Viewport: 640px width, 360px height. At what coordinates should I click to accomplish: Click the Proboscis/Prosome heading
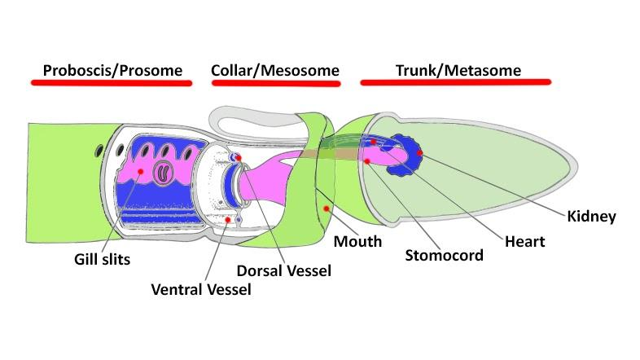click(x=112, y=70)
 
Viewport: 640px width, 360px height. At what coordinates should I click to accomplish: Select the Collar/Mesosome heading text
click(x=274, y=70)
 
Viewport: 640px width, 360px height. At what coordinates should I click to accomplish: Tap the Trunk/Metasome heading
click(x=458, y=70)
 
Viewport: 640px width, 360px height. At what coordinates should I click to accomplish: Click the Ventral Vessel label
click(x=201, y=289)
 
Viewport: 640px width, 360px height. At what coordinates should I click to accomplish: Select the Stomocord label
click(x=444, y=256)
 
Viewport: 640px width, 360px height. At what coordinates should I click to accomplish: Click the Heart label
click(x=524, y=241)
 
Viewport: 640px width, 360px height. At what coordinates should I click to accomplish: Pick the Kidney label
click(x=591, y=217)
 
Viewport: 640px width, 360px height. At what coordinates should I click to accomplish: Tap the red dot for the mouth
click(x=326, y=209)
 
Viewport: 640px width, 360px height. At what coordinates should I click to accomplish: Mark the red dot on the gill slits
click(x=142, y=172)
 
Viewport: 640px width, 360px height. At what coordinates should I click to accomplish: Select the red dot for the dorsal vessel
click(x=238, y=156)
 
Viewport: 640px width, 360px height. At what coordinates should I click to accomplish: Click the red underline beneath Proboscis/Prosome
click(x=111, y=82)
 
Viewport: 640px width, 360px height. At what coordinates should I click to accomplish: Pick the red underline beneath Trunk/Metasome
click(x=456, y=82)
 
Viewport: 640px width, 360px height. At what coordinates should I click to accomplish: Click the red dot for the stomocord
click(x=368, y=161)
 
